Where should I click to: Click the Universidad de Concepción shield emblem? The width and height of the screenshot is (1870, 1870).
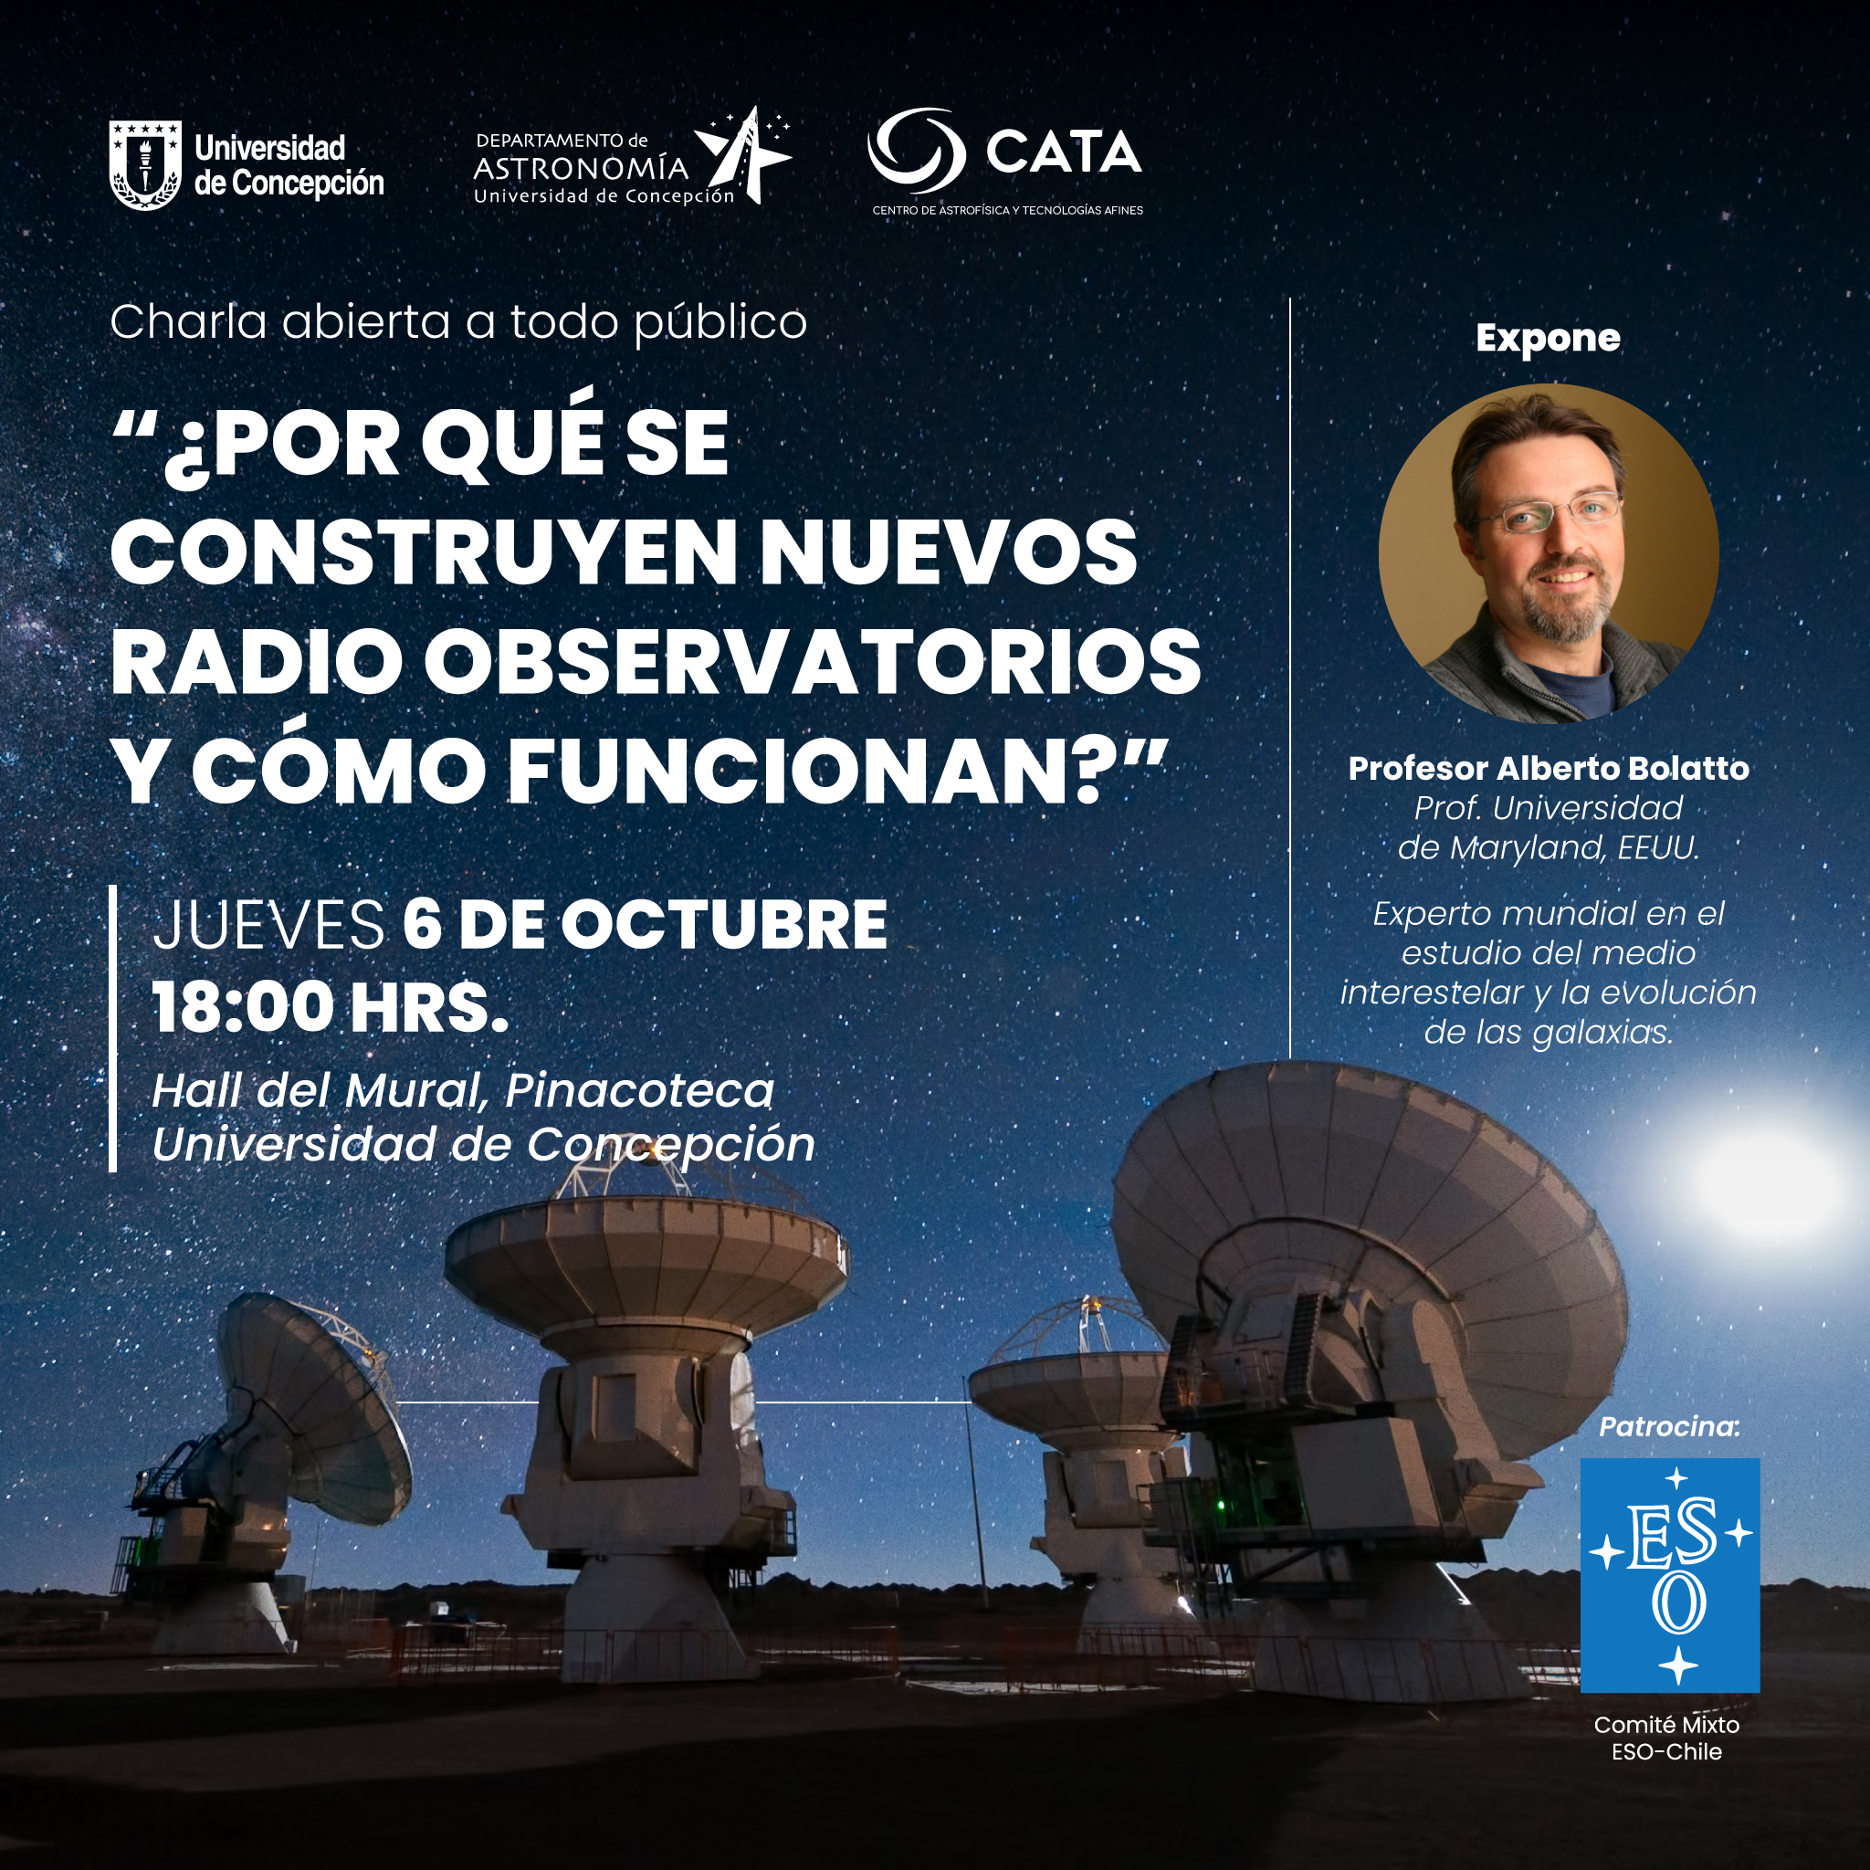[x=145, y=164]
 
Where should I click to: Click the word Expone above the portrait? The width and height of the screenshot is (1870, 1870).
[x=1548, y=338]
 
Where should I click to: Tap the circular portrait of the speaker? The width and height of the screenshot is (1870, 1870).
[x=1549, y=553]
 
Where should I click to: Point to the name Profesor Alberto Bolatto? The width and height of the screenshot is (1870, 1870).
[x=1549, y=769]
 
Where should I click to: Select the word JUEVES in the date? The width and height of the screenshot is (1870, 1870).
[x=268, y=924]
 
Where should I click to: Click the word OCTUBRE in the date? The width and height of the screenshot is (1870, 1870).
[x=724, y=924]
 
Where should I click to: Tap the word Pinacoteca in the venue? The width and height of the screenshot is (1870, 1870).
[x=640, y=1091]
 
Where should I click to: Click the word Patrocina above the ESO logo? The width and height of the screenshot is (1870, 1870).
[x=1670, y=1427]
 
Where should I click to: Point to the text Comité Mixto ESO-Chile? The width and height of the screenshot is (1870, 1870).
[x=1666, y=1739]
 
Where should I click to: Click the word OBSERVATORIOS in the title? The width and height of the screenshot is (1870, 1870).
[x=812, y=661]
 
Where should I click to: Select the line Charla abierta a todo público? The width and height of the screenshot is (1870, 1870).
[x=457, y=322]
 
